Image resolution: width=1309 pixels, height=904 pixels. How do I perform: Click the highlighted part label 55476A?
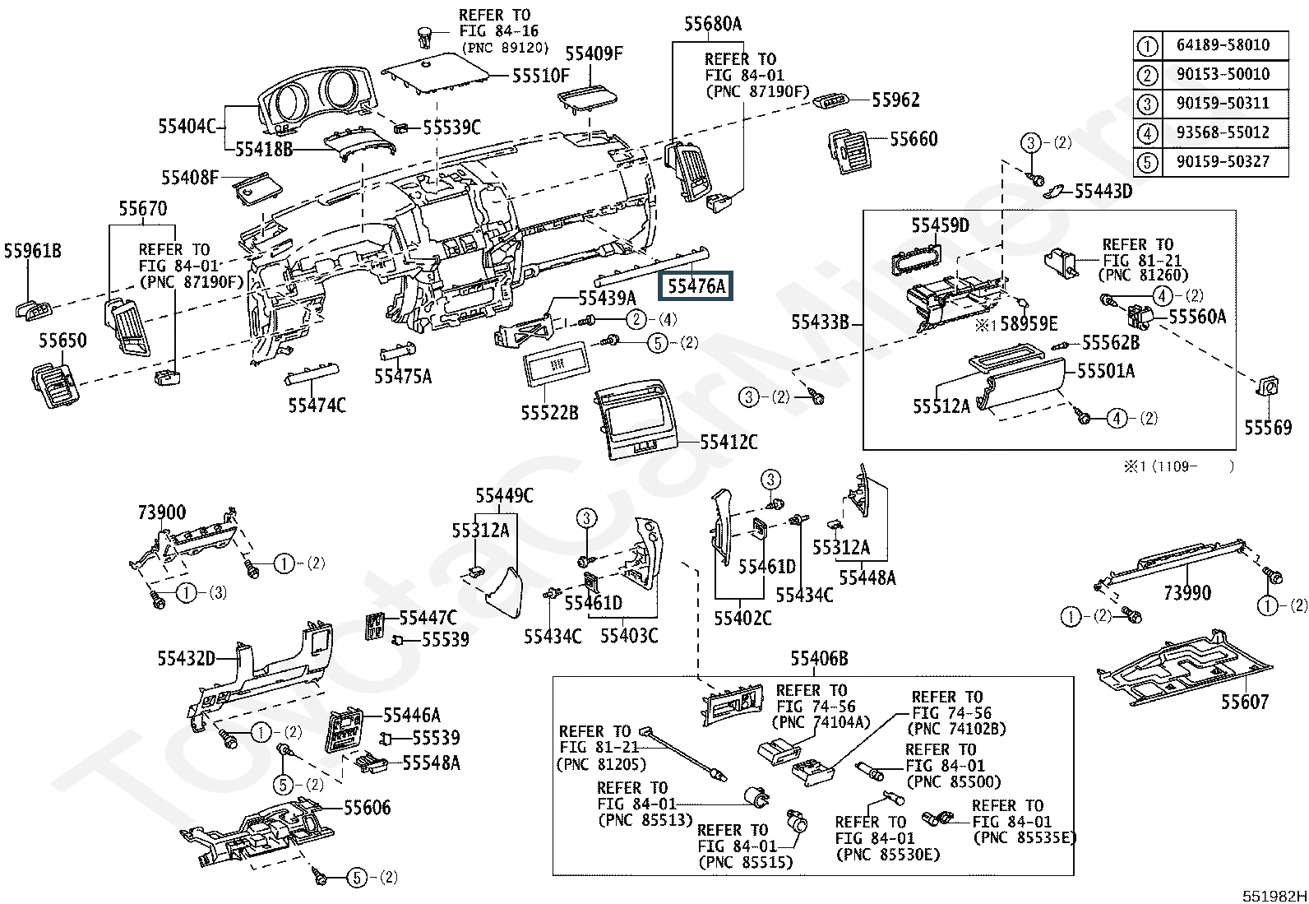[696, 286]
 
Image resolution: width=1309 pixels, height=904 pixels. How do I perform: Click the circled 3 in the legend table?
[1147, 104]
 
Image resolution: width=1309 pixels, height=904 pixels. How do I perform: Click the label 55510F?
[540, 76]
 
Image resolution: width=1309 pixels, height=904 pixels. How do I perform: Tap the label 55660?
[913, 139]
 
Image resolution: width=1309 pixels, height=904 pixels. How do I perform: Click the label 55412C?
[729, 443]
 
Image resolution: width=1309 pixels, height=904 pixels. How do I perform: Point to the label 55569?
[1267, 428]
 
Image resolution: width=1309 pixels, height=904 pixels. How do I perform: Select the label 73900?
[162, 513]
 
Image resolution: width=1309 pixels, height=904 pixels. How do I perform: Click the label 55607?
[1244, 702]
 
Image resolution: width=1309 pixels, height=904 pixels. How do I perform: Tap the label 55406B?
[819, 658]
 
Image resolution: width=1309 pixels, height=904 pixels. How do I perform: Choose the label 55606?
[367, 808]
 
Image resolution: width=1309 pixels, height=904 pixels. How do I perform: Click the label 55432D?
[187, 658]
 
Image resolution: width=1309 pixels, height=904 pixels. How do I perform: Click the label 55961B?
[33, 251]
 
